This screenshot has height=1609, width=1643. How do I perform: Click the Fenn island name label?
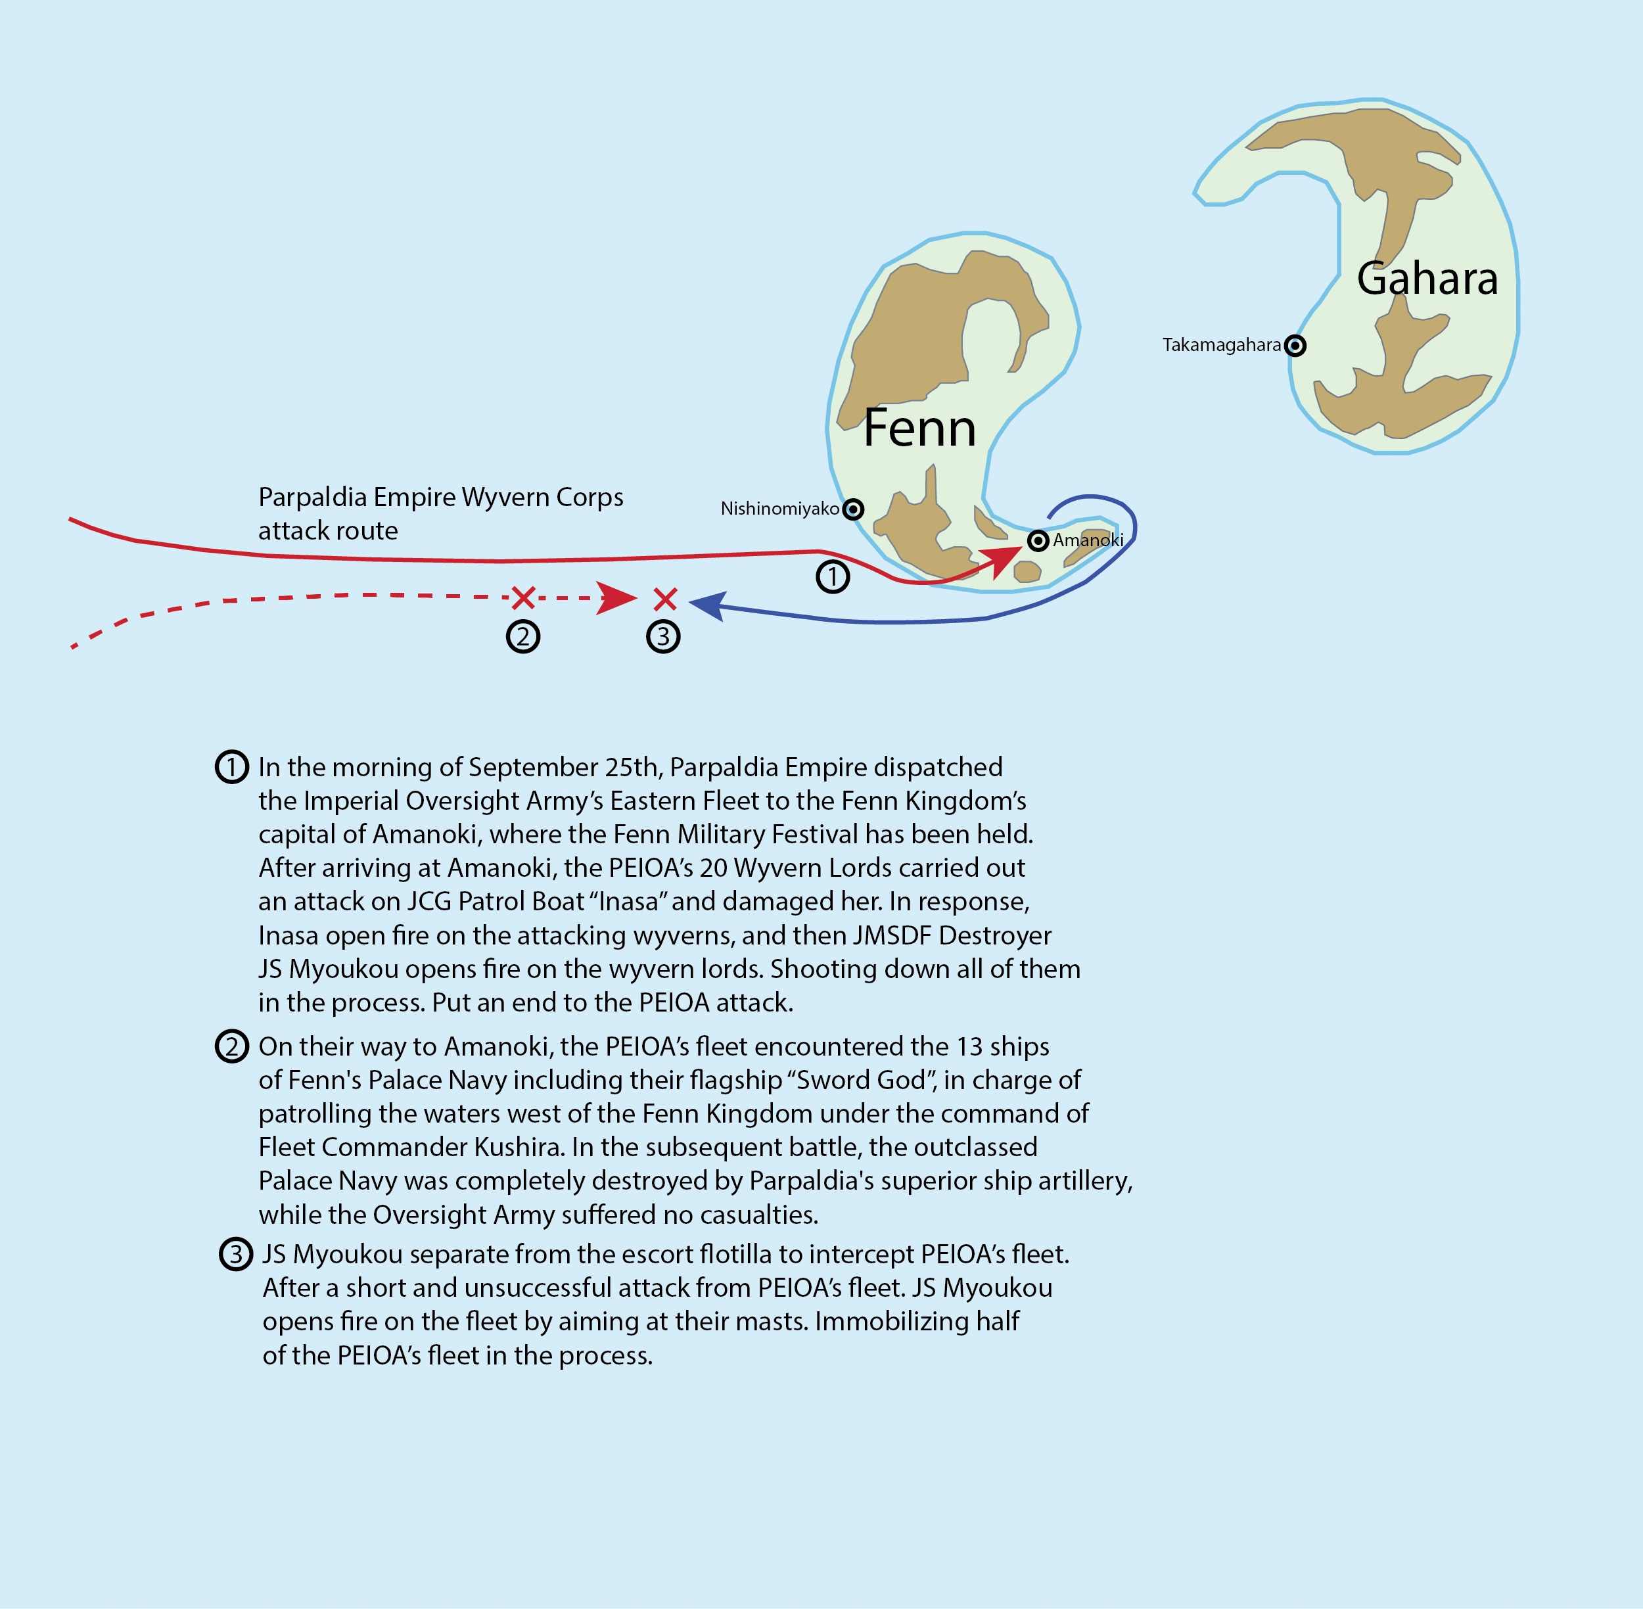tap(919, 428)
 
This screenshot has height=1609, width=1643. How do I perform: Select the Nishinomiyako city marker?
tap(854, 509)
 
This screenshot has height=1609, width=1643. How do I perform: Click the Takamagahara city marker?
tap(1295, 345)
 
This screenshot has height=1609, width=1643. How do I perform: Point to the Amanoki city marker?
tap(1038, 540)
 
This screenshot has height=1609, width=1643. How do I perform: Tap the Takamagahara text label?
tap(1221, 345)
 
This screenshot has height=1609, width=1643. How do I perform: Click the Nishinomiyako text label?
tap(779, 509)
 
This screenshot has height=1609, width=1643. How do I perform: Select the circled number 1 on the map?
tap(833, 576)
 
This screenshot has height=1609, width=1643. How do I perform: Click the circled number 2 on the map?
tap(523, 636)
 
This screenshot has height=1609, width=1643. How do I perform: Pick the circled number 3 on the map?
tap(664, 636)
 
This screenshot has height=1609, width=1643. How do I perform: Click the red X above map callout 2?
tap(524, 598)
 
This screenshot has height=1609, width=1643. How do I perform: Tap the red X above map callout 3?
tap(666, 599)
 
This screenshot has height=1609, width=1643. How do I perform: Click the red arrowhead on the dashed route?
tap(616, 598)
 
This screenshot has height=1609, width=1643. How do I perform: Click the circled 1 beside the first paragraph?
tap(231, 767)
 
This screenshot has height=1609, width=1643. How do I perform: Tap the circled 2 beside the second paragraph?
tap(231, 1047)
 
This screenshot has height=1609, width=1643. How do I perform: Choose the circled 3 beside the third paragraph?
tap(236, 1254)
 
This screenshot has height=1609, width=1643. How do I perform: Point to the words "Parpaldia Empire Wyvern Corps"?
tap(440, 497)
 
